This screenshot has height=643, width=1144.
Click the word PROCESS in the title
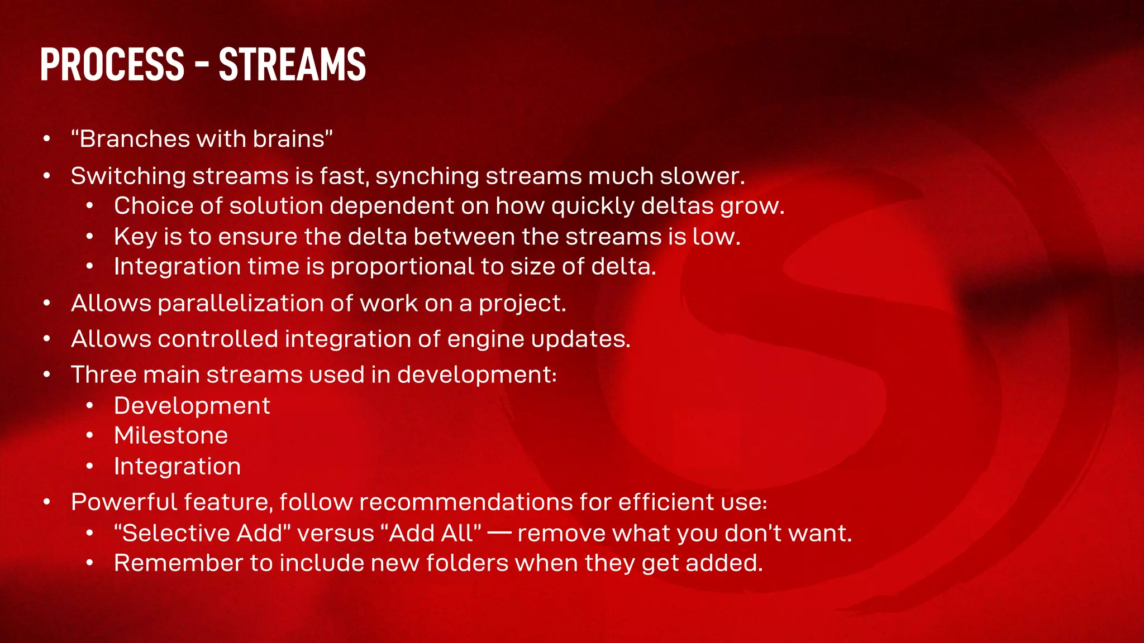112,64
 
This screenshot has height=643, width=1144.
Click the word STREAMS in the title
292,64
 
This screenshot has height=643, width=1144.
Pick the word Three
104,375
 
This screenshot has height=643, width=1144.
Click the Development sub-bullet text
192,406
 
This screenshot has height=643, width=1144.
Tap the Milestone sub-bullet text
171,435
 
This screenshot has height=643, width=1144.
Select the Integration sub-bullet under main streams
177,467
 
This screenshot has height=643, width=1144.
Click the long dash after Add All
499,534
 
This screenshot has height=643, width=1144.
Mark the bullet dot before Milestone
89,436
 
